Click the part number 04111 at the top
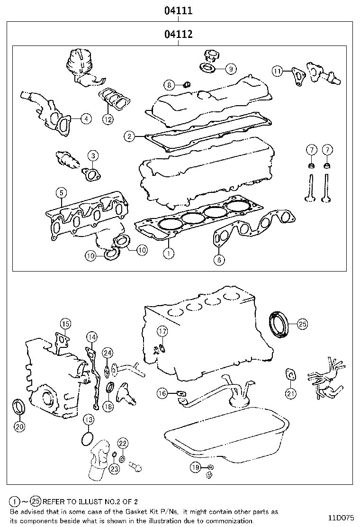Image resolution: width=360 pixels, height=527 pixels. click(x=178, y=10)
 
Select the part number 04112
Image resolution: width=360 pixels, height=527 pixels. click(x=178, y=34)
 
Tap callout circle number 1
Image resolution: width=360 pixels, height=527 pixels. click(x=168, y=254)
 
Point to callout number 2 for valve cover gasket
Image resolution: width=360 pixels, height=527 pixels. click(x=129, y=136)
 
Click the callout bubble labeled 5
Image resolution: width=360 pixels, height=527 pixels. click(x=61, y=193)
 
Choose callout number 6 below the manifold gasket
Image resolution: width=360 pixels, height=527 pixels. click(x=218, y=259)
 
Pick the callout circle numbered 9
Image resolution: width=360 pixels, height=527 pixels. click(x=230, y=69)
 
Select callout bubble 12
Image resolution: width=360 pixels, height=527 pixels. click(x=108, y=119)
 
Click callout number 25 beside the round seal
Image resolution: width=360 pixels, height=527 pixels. click(x=302, y=324)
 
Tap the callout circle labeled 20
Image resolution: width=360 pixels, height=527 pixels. click(x=19, y=427)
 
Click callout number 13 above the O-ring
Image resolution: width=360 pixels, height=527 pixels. click(x=88, y=419)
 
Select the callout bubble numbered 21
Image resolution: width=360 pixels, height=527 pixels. click(x=291, y=393)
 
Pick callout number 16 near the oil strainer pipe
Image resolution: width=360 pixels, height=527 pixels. click(x=162, y=393)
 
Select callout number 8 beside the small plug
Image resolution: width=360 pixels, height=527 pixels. click(x=169, y=85)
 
